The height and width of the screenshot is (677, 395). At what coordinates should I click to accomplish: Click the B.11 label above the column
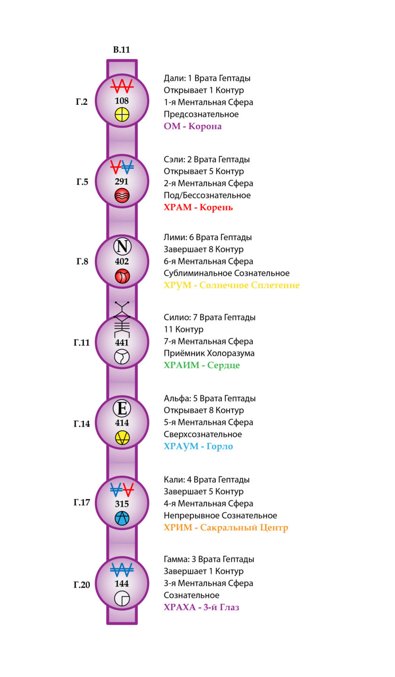[121, 49]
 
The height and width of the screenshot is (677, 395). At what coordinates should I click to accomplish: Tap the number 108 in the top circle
[122, 101]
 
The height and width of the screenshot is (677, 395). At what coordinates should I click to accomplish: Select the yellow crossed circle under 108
[122, 115]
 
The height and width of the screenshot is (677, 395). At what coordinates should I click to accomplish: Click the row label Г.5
[82, 182]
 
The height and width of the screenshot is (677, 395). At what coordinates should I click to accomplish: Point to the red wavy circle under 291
[122, 196]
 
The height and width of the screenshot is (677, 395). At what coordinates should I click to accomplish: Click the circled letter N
[122, 246]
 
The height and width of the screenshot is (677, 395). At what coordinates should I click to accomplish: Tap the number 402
[122, 261]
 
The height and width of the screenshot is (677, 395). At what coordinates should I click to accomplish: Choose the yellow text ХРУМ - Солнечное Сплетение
[231, 285]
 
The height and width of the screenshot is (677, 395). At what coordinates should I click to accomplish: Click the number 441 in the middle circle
[122, 342]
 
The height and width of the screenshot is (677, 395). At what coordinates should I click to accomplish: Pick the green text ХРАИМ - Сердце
[202, 365]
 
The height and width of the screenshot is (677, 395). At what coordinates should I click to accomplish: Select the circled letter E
[122, 408]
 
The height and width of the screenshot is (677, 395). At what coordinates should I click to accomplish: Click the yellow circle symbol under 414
[122, 438]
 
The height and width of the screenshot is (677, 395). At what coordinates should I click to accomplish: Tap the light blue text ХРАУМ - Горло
[198, 447]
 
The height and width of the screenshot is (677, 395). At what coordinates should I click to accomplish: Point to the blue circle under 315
[122, 518]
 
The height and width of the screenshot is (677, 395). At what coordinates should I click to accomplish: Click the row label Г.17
[82, 502]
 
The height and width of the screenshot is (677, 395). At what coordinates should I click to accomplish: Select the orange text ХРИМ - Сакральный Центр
[226, 527]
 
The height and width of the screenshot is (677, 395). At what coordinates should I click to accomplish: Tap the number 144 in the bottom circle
[122, 583]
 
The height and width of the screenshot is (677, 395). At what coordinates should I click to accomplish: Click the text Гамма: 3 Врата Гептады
[209, 559]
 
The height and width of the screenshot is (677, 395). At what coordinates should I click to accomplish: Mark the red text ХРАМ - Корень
[198, 208]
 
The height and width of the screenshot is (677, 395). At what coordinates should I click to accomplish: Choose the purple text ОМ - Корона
[192, 126]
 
